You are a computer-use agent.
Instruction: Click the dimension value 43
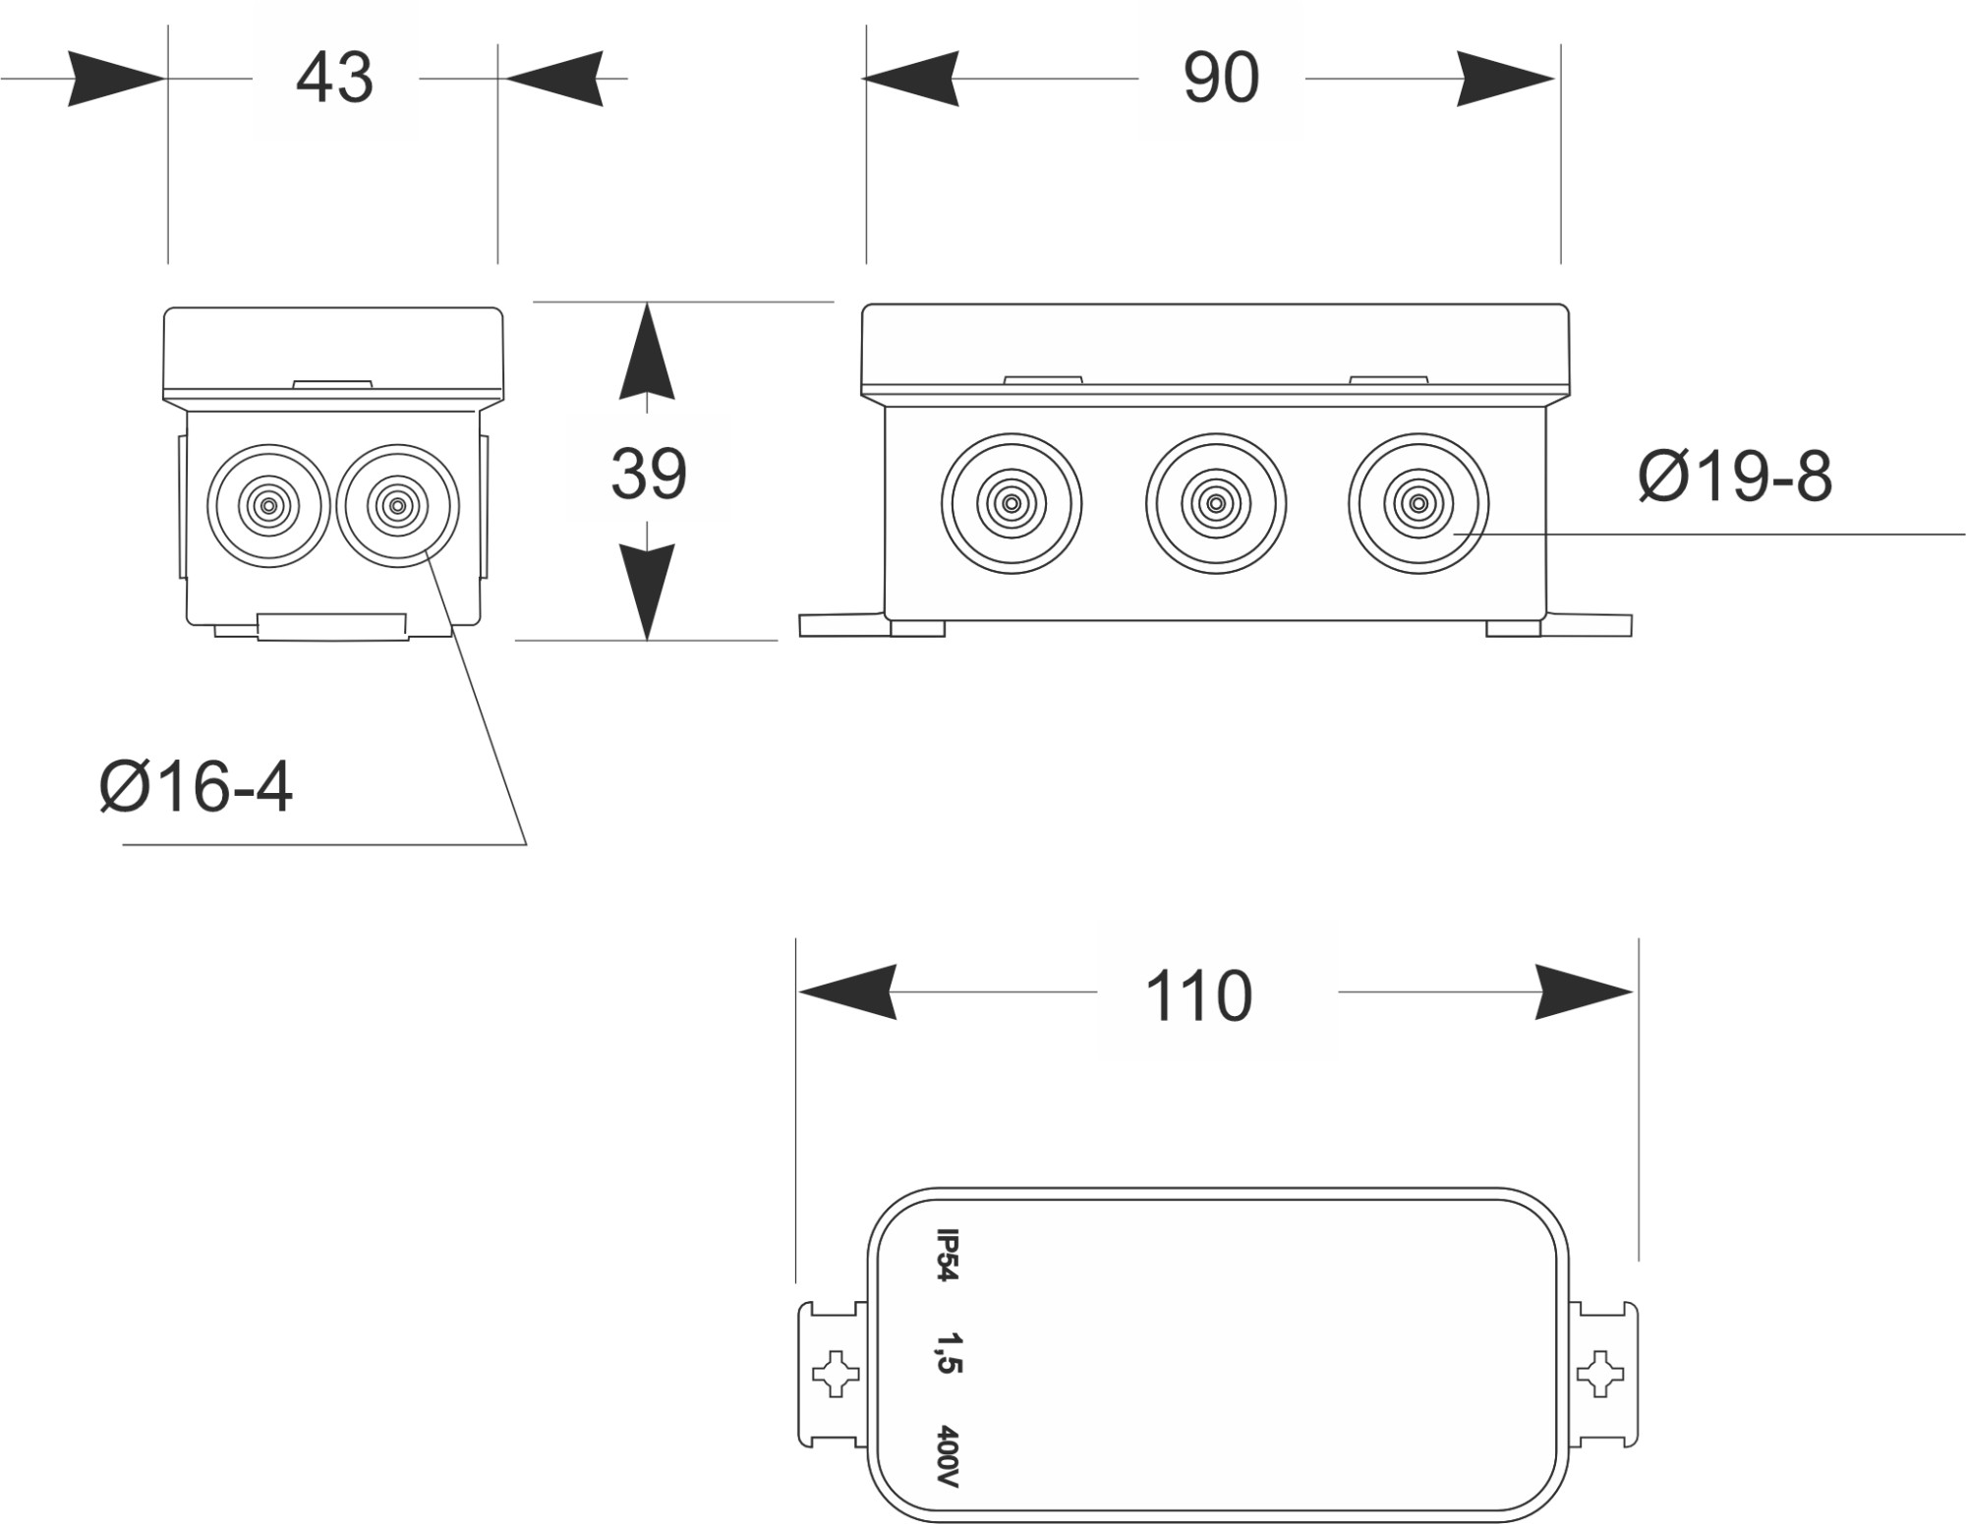[x=334, y=79]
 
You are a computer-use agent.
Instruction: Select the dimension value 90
[x=1221, y=79]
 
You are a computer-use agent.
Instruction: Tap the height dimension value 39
[x=648, y=475]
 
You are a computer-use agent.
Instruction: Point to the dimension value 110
[x=1198, y=997]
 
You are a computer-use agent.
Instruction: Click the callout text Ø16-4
[x=197, y=787]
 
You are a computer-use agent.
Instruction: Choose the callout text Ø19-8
[x=1735, y=478]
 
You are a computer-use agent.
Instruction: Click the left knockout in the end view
[x=268, y=506]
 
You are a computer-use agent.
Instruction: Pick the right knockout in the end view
[x=397, y=506]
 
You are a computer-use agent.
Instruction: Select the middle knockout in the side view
[x=1216, y=504]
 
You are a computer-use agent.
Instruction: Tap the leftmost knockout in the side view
[x=1012, y=504]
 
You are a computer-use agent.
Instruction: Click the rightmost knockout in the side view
[x=1418, y=504]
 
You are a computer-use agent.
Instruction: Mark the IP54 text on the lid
[x=946, y=1256]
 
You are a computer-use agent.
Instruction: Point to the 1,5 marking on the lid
[x=948, y=1353]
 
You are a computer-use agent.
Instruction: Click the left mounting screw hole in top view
[x=836, y=1374]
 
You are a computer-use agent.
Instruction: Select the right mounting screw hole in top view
[x=1600, y=1374]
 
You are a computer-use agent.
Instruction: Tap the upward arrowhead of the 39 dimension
[x=647, y=354]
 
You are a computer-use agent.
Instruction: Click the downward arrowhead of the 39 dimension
[x=647, y=590]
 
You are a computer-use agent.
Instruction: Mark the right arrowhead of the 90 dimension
[x=1505, y=79]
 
